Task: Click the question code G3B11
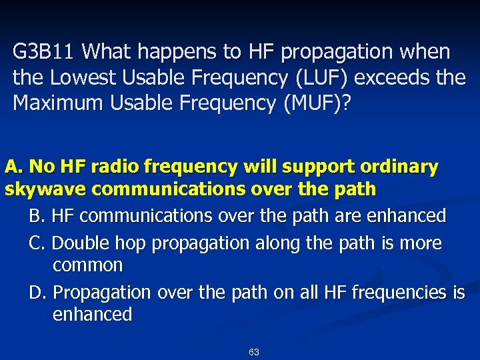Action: click(x=44, y=51)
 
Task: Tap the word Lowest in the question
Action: click(x=75, y=78)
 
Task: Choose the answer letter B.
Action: click(x=37, y=216)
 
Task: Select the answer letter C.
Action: click(x=37, y=243)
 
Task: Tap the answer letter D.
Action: click(x=37, y=292)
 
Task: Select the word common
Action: click(x=87, y=265)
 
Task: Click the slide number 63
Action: click(x=253, y=352)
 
